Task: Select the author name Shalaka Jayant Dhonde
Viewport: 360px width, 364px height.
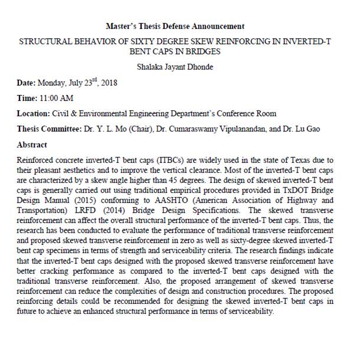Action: point(174,67)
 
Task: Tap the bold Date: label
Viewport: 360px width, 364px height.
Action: point(27,83)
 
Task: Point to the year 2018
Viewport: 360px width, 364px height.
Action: point(108,83)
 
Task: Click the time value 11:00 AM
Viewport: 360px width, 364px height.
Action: point(57,99)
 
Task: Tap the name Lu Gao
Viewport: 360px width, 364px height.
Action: point(306,129)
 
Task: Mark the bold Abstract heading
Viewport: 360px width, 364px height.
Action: point(32,145)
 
